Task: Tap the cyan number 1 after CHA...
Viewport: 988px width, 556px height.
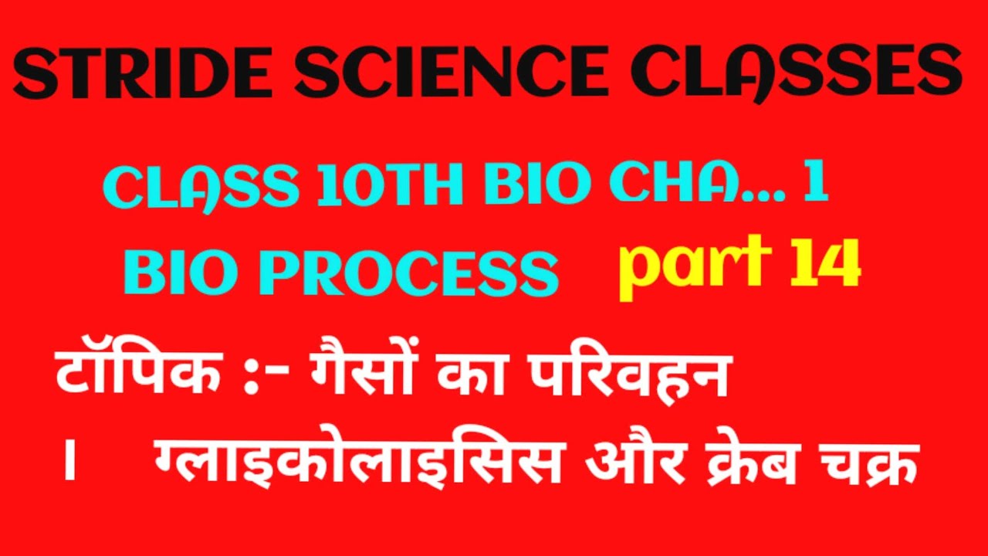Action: [x=815, y=188]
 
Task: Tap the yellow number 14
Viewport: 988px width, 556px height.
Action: [x=825, y=265]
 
